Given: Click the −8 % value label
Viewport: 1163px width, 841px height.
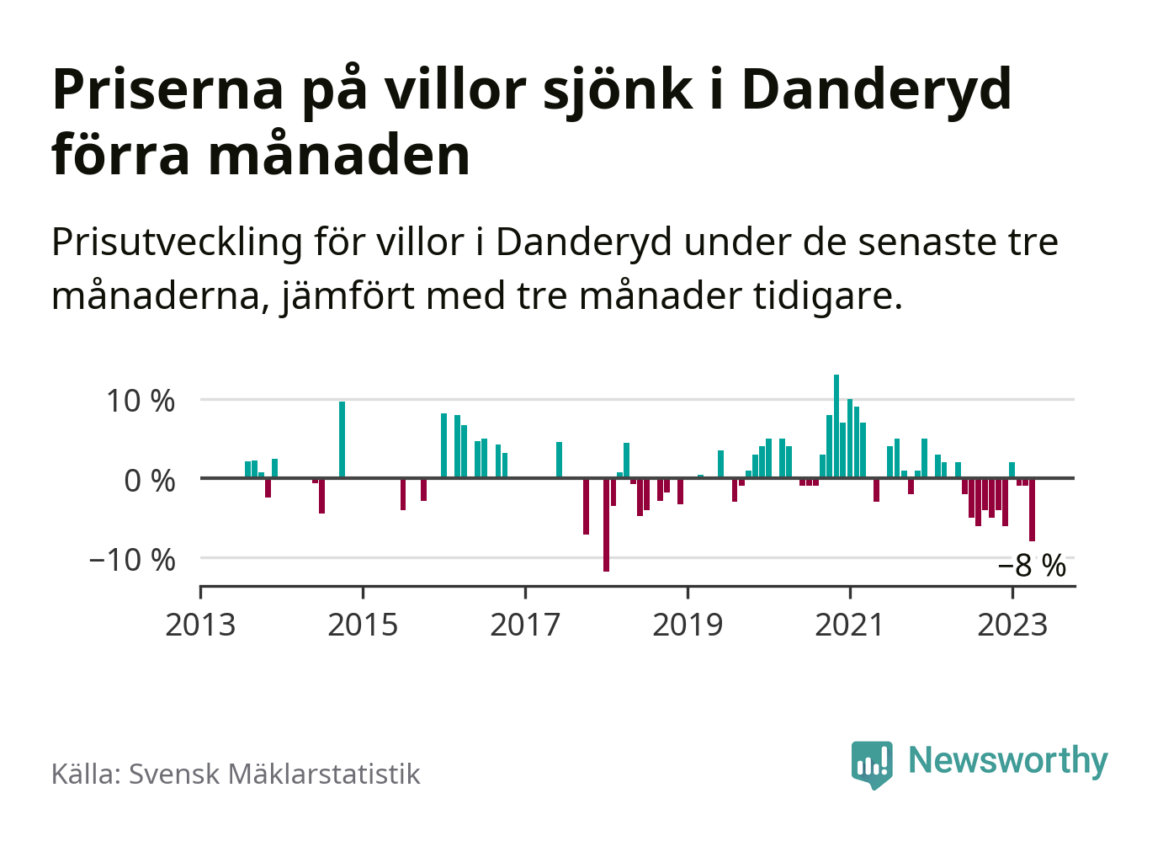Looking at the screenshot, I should tap(1032, 566).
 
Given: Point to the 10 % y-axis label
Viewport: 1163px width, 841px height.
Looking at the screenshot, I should tap(140, 401).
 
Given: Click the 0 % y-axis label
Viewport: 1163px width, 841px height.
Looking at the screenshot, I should tap(149, 481).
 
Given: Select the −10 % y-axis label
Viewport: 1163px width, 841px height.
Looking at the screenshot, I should tap(132, 560).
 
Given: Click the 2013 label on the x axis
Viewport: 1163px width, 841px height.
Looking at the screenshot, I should tap(200, 625).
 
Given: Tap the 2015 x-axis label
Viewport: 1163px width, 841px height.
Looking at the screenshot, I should tap(363, 625).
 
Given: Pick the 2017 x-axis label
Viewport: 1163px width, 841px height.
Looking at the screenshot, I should tap(525, 625).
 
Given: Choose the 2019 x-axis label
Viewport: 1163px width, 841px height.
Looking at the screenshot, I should tap(688, 625).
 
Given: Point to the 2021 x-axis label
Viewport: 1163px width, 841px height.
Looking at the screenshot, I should tap(850, 625).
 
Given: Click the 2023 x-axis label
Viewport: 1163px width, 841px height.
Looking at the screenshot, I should tap(1012, 625).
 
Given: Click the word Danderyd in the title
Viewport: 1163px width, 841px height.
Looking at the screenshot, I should tap(876, 89).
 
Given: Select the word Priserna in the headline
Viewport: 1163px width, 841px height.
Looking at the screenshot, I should tap(167, 89).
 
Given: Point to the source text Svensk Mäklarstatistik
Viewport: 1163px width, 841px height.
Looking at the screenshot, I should tap(274, 774).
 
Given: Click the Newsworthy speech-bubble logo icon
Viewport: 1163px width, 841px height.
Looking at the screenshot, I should tap(871, 764).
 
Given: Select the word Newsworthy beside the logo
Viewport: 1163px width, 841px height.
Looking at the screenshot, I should tap(1008, 760).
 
